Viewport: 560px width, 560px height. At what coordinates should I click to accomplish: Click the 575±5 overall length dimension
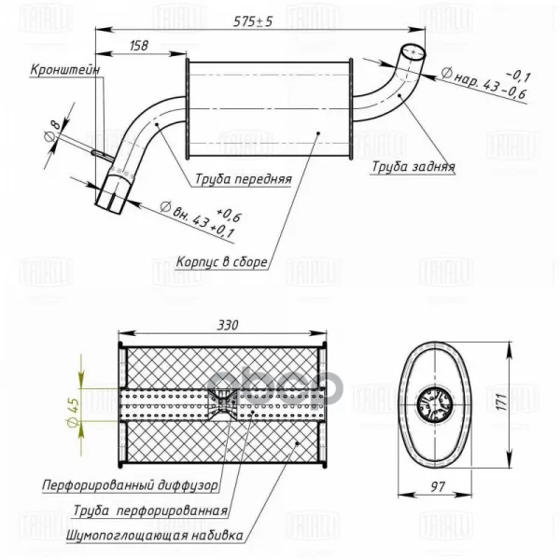pyautogui.click(x=253, y=21)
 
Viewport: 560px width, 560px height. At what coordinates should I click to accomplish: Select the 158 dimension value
pyautogui.click(x=138, y=46)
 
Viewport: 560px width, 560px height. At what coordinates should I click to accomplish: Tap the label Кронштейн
pyautogui.click(x=64, y=69)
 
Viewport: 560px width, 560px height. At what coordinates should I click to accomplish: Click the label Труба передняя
pyautogui.click(x=244, y=178)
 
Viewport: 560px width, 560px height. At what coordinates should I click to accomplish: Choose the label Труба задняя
pyautogui.click(x=413, y=166)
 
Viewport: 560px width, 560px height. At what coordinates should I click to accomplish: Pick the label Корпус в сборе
pyautogui.click(x=221, y=261)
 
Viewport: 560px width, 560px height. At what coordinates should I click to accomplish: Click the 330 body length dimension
pyautogui.click(x=228, y=326)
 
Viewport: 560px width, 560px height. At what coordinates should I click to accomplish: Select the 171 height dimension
pyautogui.click(x=502, y=402)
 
